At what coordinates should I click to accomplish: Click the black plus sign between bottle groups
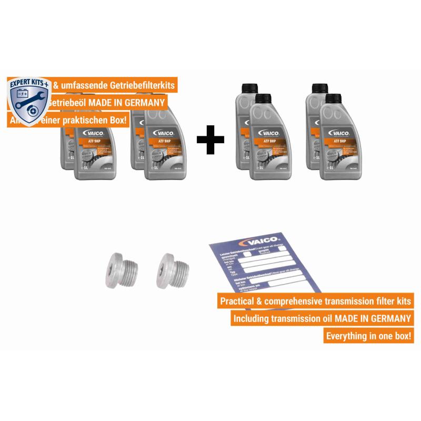click(210, 139)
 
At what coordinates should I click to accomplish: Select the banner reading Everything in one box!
click(368, 336)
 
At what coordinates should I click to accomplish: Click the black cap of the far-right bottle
click(334, 99)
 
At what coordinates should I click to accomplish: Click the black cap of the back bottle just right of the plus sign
click(247, 88)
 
